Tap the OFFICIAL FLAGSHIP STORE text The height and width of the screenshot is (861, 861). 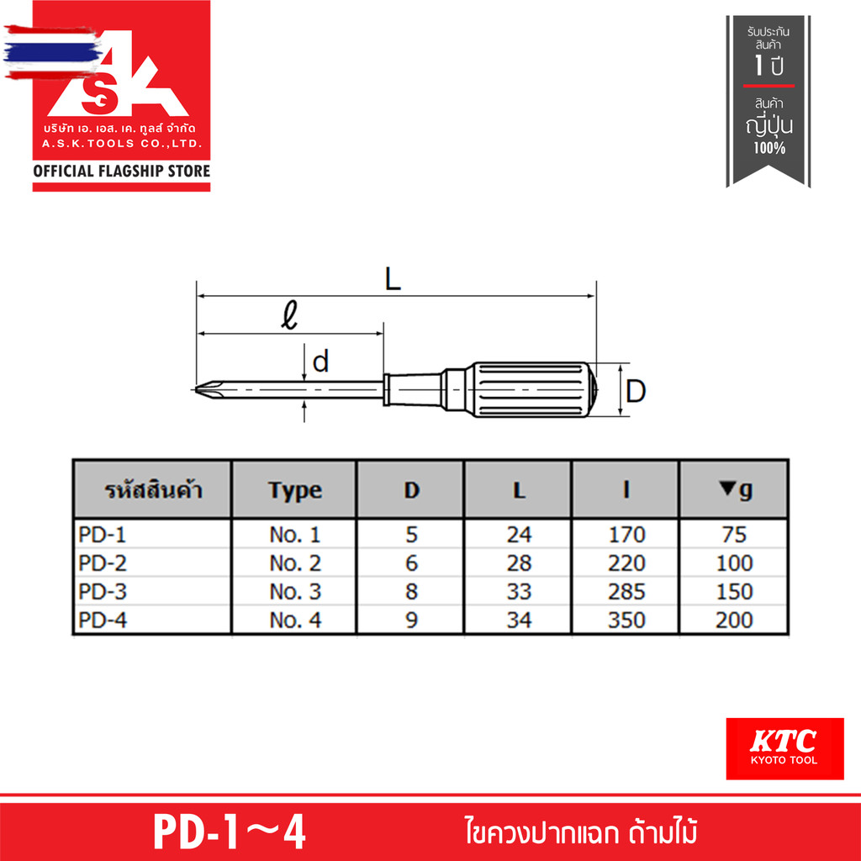[121, 172]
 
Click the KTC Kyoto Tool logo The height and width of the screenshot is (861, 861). [784, 748]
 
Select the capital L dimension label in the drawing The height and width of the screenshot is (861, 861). [393, 280]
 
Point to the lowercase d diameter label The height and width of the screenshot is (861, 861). [320, 362]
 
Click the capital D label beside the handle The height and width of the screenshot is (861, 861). [637, 391]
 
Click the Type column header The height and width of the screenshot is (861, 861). [294, 489]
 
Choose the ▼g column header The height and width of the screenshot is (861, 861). [735, 489]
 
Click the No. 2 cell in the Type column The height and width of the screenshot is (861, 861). [294, 563]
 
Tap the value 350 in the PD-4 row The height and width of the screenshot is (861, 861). [626, 621]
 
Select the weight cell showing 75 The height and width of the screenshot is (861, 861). [734, 535]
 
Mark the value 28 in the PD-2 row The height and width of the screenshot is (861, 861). [519, 563]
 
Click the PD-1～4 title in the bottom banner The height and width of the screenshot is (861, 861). [230, 832]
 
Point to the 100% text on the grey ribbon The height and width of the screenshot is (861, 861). [769, 148]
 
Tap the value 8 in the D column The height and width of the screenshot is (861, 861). [411, 592]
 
